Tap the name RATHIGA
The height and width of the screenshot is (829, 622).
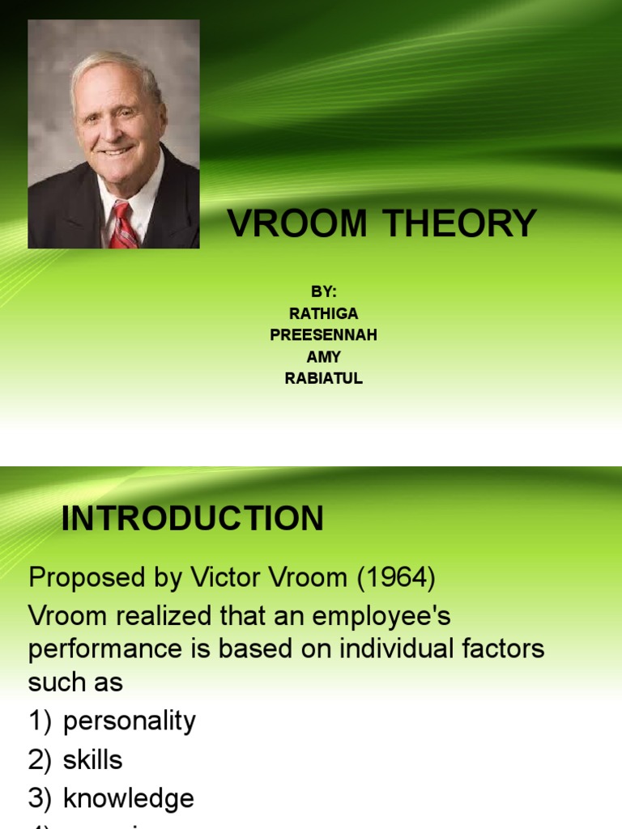(x=323, y=314)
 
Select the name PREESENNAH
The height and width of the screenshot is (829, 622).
(x=323, y=335)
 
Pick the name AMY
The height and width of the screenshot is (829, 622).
(x=323, y=357)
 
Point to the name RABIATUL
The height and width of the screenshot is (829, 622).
(x=323, y=378)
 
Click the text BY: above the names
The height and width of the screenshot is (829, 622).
(x=323, y=292)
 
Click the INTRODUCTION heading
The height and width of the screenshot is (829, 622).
(x=193, y=519)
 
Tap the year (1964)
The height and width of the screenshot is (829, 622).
(x=391, y=578)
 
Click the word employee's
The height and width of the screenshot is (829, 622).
(x=381, y=617)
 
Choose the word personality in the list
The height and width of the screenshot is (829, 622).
(x=130, y=721)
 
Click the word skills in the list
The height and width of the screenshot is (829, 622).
(x=93, y=759)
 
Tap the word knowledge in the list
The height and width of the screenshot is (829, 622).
(x=129, y=798)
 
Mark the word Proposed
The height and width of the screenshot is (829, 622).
(x=86, y=578)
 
